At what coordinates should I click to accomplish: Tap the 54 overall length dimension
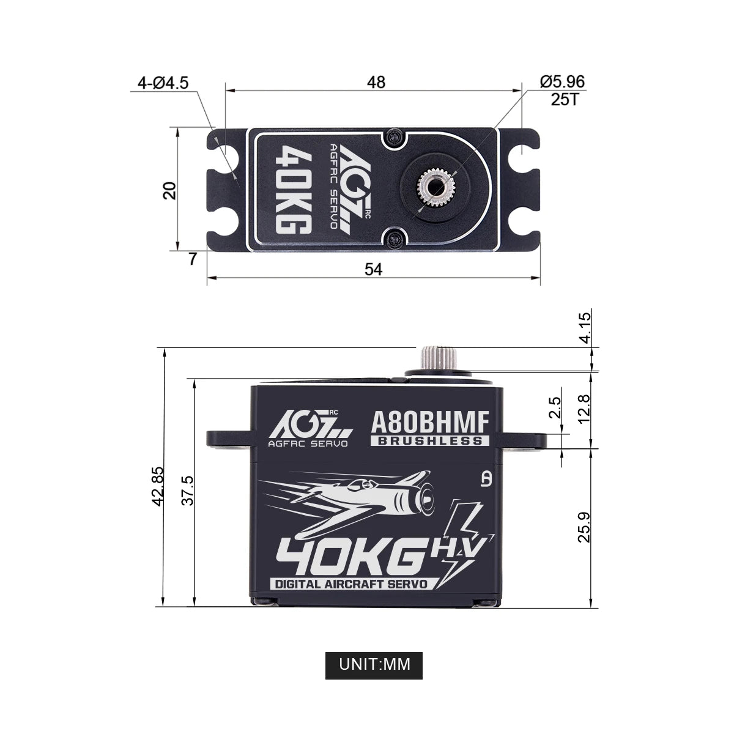click(373, 269)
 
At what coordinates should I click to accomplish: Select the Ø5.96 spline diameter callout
click(562, 81)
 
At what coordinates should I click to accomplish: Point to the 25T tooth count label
click(564, 100)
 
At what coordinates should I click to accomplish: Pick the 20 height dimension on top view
click(171, 190)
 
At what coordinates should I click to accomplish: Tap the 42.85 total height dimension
click(158, 486)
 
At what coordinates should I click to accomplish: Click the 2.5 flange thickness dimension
click(555, 408)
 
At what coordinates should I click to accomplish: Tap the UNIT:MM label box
click(373, 663)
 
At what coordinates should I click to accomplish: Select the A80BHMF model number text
click(430, 423)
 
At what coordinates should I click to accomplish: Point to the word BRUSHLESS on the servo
click(430, 440)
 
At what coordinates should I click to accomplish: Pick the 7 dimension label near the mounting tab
click(193, 259)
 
